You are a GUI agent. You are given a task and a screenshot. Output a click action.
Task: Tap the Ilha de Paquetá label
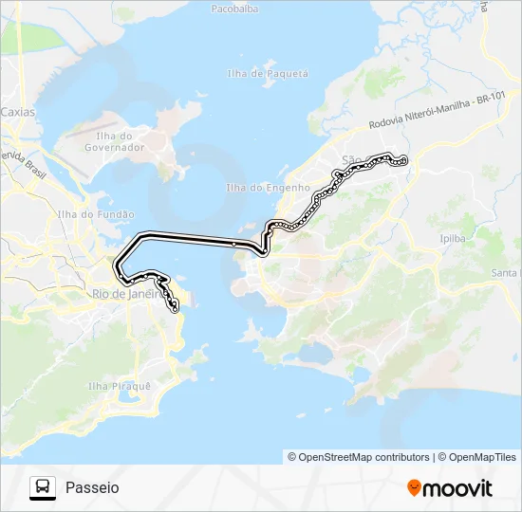tap(269, 73)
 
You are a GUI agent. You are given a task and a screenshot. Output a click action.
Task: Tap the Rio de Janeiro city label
tap(123, 294)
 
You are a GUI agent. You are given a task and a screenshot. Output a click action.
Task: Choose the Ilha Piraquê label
tap(120, 386)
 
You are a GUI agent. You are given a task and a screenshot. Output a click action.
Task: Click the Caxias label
tap(17, 111)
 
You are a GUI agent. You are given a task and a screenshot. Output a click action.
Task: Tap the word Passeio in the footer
tap(92, 487)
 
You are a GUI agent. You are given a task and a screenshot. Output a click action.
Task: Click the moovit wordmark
tap(457, 488)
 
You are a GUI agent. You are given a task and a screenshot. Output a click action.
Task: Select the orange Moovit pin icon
tap(414, 488)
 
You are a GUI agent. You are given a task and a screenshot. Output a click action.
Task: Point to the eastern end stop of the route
tap(405, 160)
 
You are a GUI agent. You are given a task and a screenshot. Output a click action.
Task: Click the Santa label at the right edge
tap(506, 273)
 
